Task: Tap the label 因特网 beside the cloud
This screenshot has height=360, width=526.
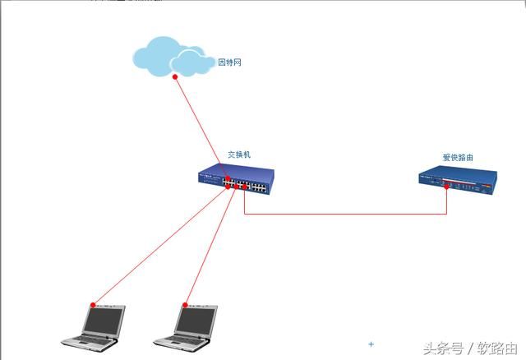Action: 229,62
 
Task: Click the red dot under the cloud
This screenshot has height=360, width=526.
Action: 175,77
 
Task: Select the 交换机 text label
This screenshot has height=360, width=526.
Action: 239,154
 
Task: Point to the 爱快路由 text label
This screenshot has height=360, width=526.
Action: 458,157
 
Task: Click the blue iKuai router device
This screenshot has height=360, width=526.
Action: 457,182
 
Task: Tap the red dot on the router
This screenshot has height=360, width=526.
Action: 446,187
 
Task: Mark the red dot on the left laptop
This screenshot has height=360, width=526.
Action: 93,304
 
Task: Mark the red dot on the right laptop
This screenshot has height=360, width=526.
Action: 183,304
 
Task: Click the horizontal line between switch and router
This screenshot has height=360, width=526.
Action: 345,214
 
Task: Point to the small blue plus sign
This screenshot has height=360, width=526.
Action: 371,344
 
